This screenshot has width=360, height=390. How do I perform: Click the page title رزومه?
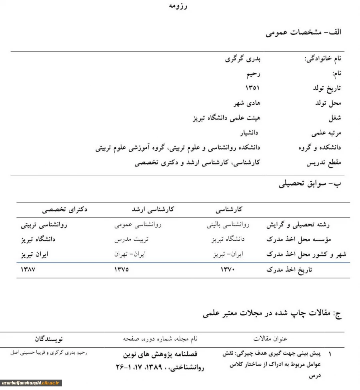[178, 6]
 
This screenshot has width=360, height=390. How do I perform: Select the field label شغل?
[334, 118]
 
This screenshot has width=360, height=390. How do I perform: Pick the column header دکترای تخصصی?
[65, 209]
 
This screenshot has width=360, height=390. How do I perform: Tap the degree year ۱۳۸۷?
[28, 269]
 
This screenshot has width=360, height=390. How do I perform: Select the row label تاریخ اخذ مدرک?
[289, 270]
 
